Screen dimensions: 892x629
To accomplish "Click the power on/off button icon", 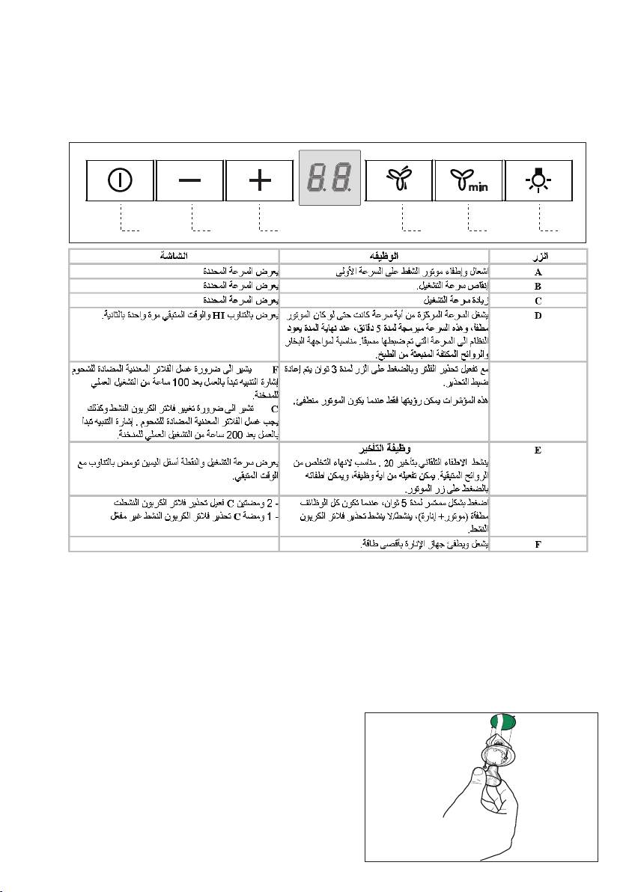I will (x=119, y=180).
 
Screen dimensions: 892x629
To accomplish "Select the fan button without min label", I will (x=398, y=180).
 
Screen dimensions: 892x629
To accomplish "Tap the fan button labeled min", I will (x=467, y=180).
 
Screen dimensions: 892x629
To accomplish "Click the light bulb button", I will (x=538, y=180).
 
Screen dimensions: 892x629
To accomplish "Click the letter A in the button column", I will (x=538, y=272).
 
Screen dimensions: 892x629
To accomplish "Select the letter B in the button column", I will (x=538, y=287).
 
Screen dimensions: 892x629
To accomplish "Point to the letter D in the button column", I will (x=538, y=315).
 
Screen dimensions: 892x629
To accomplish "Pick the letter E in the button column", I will (x=538, y=450).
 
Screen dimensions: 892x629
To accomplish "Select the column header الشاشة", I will (x=174, y=255).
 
